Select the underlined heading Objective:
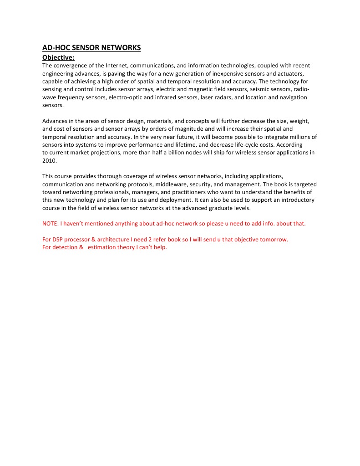(x=58, y=57)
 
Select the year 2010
(x=49, y=161)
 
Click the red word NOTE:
(x=50, y=224)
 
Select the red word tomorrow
(x=274, y=240)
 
